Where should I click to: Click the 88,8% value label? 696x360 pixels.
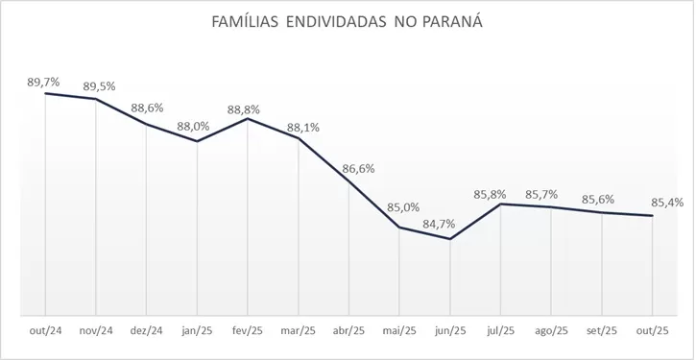tap(248, 108)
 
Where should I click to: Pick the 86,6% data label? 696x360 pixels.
tap(357, 168)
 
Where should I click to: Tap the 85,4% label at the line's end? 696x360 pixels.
tap(665, 203)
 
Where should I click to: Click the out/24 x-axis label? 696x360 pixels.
tap(44, 331)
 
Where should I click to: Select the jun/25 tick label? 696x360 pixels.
tap(450, 331)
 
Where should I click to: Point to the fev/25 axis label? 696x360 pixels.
tap(248, 331)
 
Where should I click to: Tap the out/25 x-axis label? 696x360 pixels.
tap(653, 331)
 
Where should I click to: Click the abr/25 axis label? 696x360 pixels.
tap(348, 331)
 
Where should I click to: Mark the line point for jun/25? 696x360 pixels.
tap(450, 239)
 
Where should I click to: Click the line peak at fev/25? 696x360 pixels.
tap(248, 119)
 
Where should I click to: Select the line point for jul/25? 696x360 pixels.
tap(501, 204)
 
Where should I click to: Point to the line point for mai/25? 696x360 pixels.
tap(399, 228)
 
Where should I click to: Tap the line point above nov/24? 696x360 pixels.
tap(95, 99)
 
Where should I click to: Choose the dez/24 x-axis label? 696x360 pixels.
tap(146, 331)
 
